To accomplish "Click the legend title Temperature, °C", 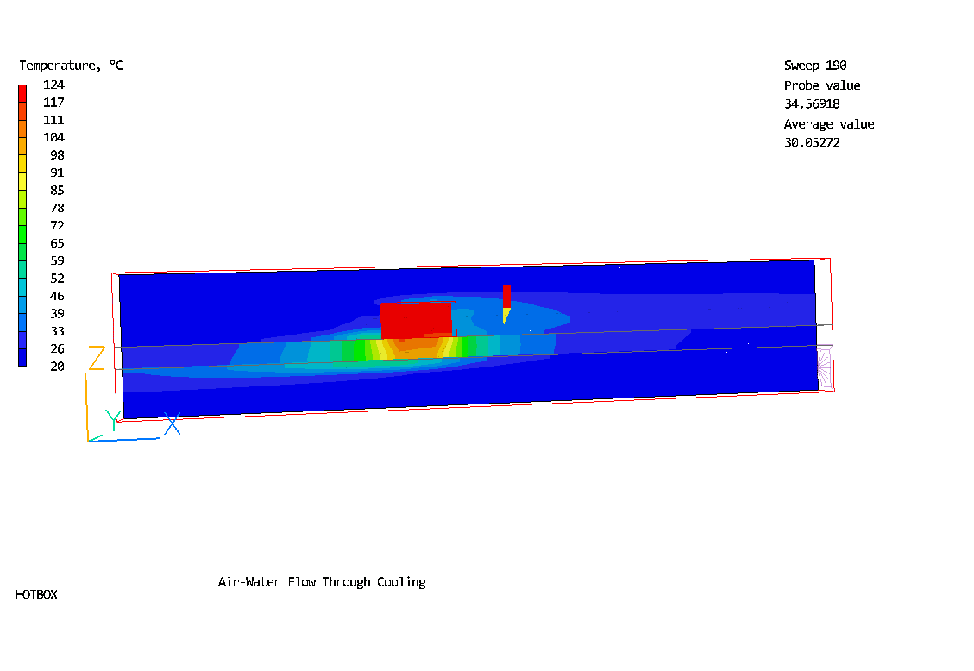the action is tap(71, 66).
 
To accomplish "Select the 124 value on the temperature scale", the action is tap(54, 85).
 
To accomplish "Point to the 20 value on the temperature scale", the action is tap(57, 367).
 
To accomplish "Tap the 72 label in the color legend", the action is tap(57, 225).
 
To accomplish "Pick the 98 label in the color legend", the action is tap(57, 155).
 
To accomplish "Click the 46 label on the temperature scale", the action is tap(57, 296).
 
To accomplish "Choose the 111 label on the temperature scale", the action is tap(54, 120).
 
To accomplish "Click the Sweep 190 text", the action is tap(815, 66).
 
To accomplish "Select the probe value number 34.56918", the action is tap(812, 103).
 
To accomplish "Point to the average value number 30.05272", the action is tap(812, 142).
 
